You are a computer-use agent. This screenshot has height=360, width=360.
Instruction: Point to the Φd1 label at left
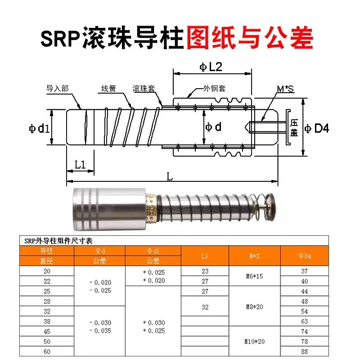click(x=39, y=128)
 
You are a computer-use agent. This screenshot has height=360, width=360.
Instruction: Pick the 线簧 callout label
click(x=108, y=89)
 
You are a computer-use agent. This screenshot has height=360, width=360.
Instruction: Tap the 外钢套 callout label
click(x=213, y=88)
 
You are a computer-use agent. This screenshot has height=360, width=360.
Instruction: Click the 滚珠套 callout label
click(x=144, y=89)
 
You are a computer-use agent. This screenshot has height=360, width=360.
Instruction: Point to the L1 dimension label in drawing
click(x=80, y=165)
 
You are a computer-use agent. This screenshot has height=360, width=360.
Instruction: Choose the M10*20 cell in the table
click(x=255, y=341)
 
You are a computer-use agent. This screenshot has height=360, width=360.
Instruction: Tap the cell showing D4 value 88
click(x=305, y=352)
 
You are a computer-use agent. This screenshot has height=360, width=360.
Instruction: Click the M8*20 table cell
click(x=255, y=306)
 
